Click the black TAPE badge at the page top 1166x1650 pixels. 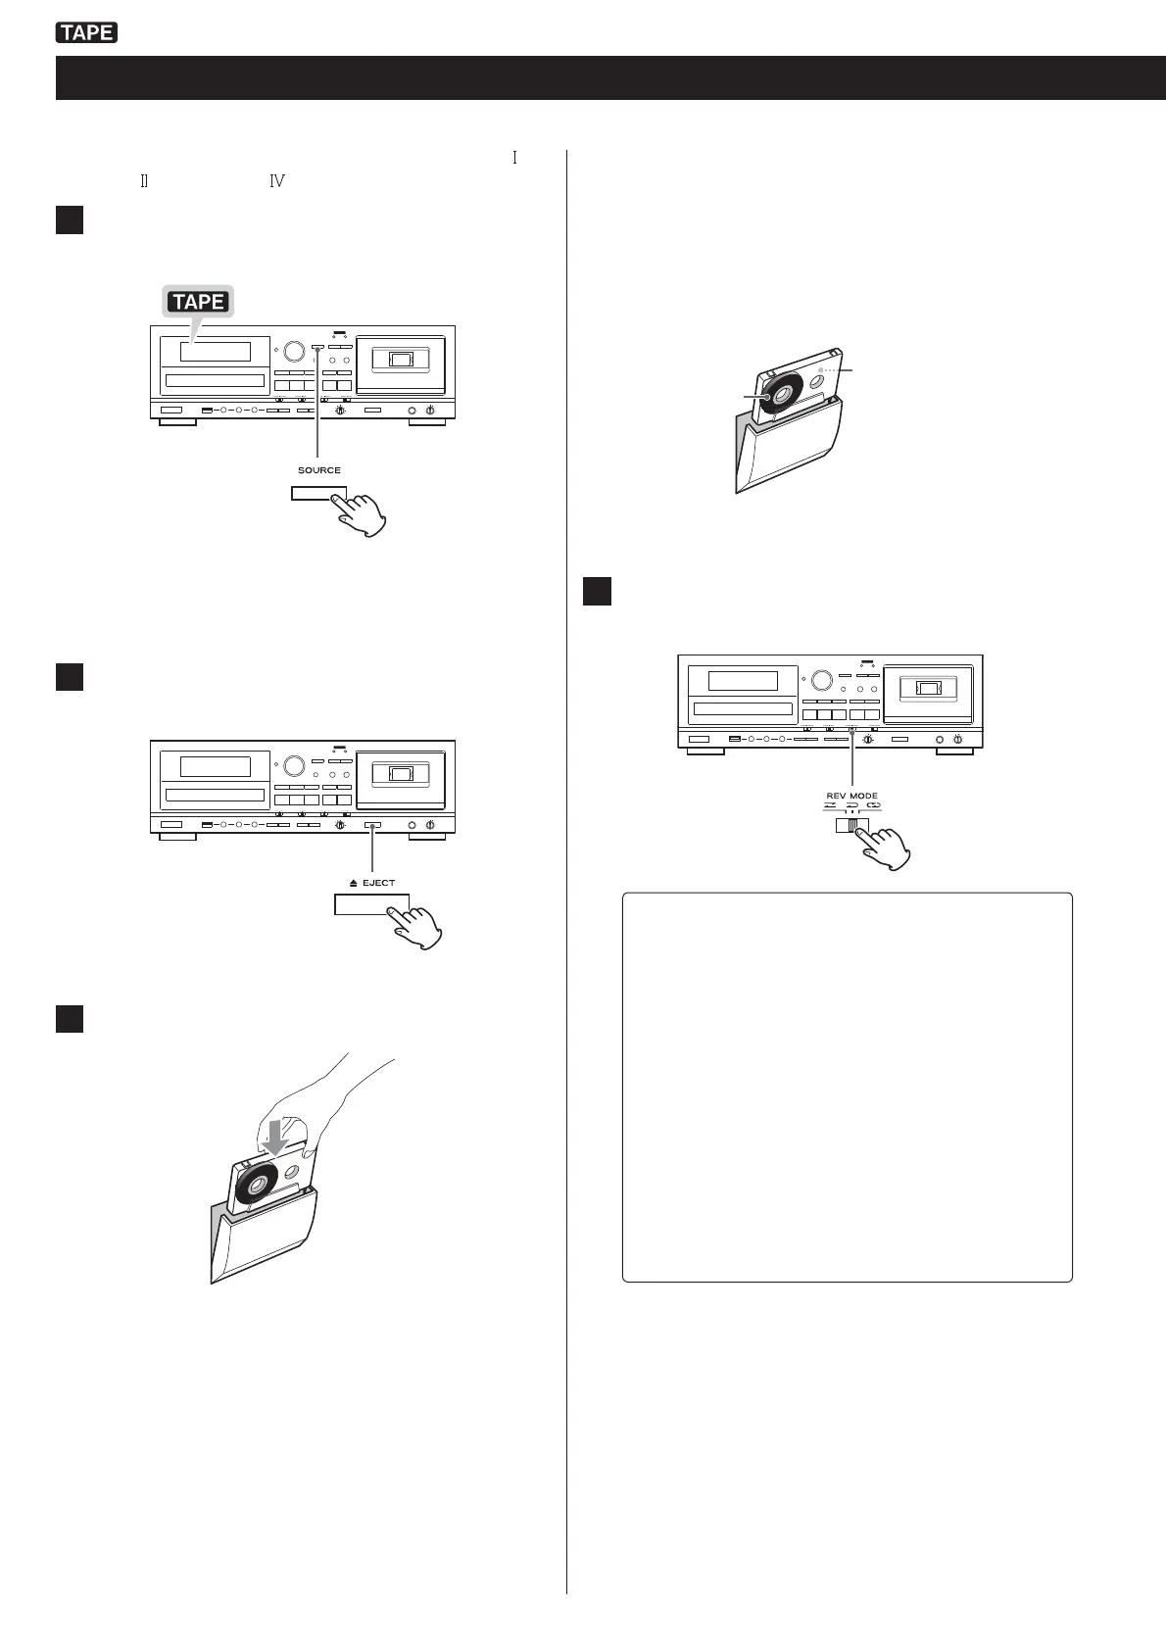click(87, 33)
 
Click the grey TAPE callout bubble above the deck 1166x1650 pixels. click(200, 302)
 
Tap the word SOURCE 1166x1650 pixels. click(319, 470)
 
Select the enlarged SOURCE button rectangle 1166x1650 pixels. click(319, 493)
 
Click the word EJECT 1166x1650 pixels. click(378, 883)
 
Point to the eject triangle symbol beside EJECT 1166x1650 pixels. click(354, 883)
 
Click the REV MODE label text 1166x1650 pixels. click(851, 796)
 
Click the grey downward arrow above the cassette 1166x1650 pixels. click(276, 1135)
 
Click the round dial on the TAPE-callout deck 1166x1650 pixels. click(292, 351)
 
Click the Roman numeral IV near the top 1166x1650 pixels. click(276, 180)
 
